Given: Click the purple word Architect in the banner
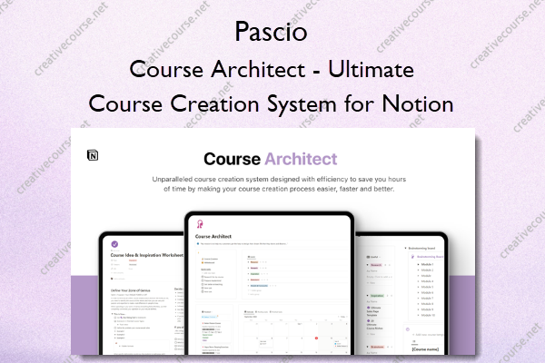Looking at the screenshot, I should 297,161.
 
